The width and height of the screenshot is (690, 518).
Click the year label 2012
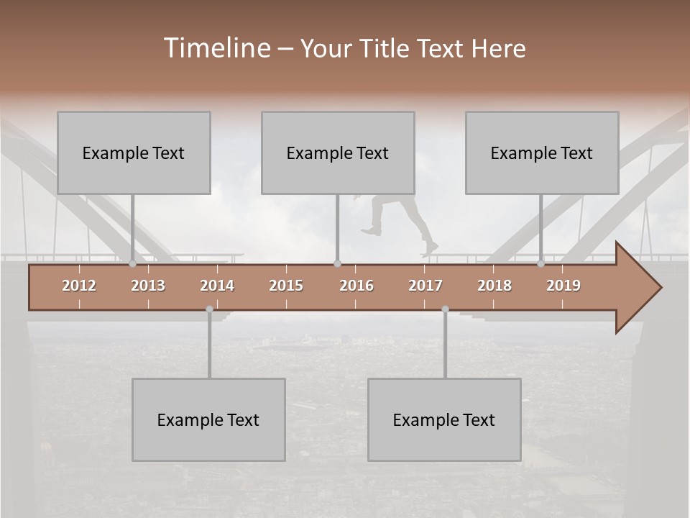point(79,286)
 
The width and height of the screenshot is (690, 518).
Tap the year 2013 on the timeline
point(148,286)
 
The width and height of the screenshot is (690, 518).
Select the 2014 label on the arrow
point(217,286)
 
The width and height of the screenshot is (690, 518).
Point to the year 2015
point(286,286)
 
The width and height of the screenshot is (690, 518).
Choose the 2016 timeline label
point(356,286)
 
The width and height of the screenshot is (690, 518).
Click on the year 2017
point(425,286)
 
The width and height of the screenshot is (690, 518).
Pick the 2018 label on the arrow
point(494,286)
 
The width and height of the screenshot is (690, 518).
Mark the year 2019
point(563,286)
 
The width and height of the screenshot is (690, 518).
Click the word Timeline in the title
point(216,48)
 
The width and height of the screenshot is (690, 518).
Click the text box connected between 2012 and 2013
point(134,153)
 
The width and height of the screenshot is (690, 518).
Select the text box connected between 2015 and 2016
point(338,153)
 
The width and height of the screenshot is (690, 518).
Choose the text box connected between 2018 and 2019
point(542,153)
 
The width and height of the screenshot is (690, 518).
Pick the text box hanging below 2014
point(208,419)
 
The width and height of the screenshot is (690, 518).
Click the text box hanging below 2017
point(444,419)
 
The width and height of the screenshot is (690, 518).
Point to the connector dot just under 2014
point(209,309)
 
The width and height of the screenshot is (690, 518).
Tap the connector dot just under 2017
point(445,309)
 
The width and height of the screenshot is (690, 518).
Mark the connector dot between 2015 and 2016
point(338,264)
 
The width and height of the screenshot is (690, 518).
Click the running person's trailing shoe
point(371,231)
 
